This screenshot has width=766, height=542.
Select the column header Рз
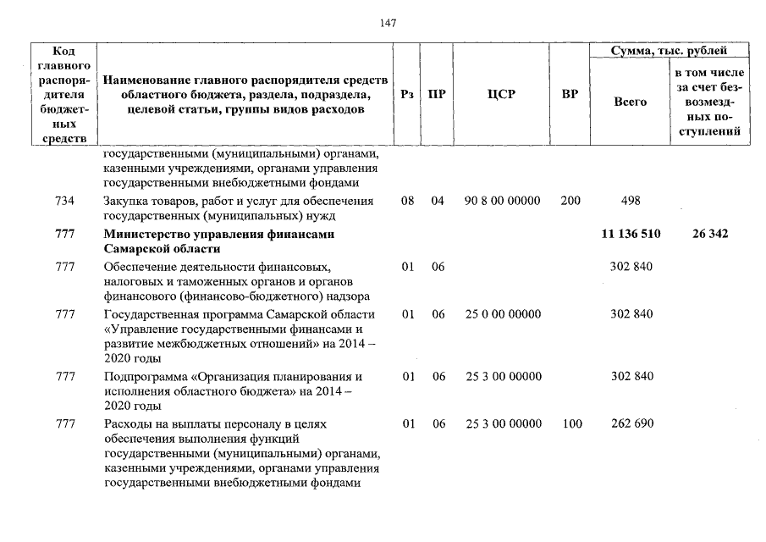pyautogui.click(x=407, y=95)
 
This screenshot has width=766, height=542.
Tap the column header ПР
pyautogui.click(x=437, y=95)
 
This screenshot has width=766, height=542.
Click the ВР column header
pyautogui.click(x=570, y=95)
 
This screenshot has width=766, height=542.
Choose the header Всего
pyautogui.click(x=630, y=102)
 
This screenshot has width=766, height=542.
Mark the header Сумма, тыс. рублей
pyautogui.click(x=669, y=52)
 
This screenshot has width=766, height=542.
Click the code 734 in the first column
pyautogui.click(x=64, y=201)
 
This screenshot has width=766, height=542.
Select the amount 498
pyautogui.click(x=630, y=201)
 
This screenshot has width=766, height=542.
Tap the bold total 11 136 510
pyautogui.click(x=630, y=234)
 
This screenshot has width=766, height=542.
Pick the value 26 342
pyautogui.click(x=709, y=234)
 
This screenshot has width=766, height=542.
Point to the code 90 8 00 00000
pyautogui.click(x=503, y=201)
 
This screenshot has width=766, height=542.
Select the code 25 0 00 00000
pyautogui.click(x=503, y=314)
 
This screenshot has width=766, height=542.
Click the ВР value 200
pyautogui.click(x=570, y=201)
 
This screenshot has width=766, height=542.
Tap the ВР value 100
pyautogui.click(x=572, y=423)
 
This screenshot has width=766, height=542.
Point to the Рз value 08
pyautogui.click(x=408, y=201)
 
